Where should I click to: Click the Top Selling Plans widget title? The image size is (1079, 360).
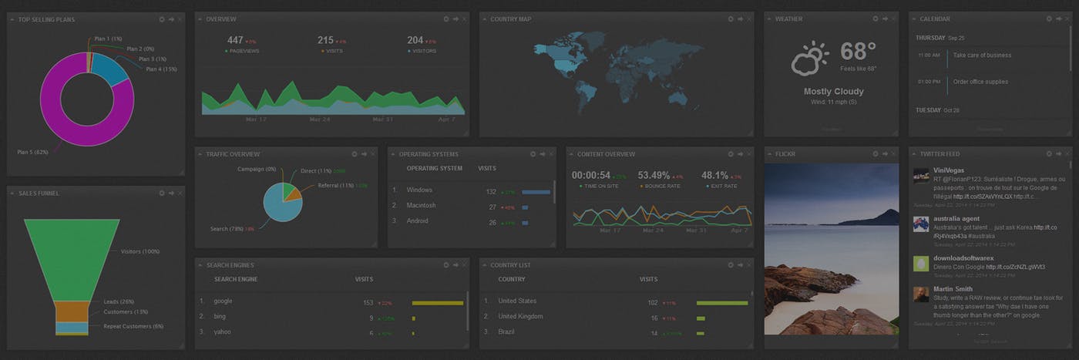point(46,19)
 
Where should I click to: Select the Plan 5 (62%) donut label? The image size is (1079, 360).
point(32,153)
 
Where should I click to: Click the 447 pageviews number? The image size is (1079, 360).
point(235,40)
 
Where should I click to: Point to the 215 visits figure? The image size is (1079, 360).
point(325,40)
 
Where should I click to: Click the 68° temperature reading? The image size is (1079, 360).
point(858,52)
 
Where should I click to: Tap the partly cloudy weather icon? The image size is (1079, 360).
point(809,59)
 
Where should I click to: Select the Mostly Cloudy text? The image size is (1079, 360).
point(833,92)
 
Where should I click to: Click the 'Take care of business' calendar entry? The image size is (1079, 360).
point(982,56)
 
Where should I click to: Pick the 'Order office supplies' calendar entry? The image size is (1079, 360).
point(980,82)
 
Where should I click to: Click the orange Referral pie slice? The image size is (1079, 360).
point(292,193)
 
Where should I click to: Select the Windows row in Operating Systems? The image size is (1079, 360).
point(419,190)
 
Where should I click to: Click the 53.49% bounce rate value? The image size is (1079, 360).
point(654,175)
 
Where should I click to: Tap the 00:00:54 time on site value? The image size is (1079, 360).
point(591,175)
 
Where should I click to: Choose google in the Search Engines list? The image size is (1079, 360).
point(223,301)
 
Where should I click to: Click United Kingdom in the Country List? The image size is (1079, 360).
point(520,317)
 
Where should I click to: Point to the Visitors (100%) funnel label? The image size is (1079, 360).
point(139,251)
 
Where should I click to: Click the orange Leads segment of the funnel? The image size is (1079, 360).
point(72,310)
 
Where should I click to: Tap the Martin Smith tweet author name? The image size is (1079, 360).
point(953,289)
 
